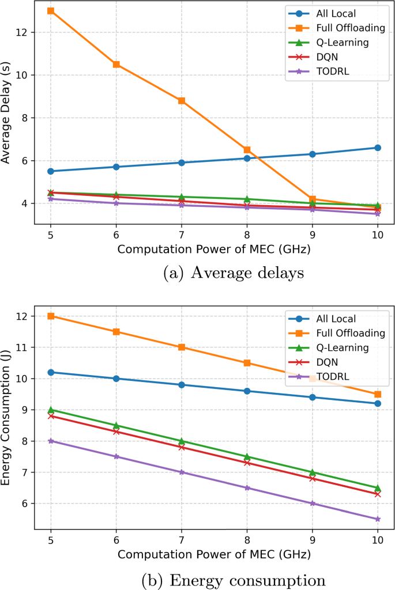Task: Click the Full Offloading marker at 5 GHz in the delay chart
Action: click(x=51, y=11)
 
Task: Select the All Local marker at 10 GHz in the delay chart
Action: click(x=378, y=147)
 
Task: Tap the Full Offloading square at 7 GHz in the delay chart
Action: click(x=182, y=101)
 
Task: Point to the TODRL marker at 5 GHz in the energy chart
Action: click(x=51, y=441)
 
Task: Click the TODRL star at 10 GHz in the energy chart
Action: click(x=378, y=519)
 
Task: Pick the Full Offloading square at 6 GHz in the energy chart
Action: click(x=116, y=332)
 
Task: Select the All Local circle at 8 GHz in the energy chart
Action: click(x=247, y=391)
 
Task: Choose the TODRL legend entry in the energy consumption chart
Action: click(x=335, y=377)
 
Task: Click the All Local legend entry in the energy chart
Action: click(x=335, y=318)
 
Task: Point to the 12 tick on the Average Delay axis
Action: click(x=22, y=32)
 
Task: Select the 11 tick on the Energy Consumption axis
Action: click(x=22, y=347)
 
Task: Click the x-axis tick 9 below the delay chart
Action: click(x=312, y=236)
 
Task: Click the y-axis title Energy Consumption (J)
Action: click(x=7, y=419)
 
